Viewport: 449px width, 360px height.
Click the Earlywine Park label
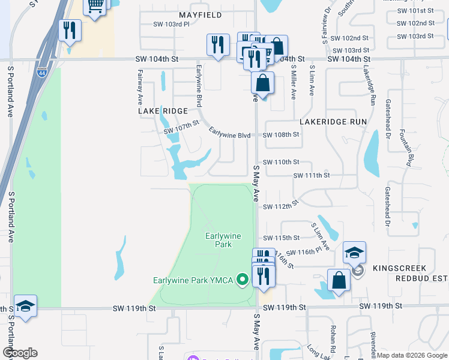pos(223,240)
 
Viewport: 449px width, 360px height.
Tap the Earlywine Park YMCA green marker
pos(243,280)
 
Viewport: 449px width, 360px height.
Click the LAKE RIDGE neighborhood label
pos(163,111)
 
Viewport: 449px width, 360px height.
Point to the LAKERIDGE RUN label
pos(333,121)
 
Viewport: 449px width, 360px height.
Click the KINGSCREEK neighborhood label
pos(399,268)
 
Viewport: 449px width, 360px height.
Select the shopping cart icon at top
pos(95,7)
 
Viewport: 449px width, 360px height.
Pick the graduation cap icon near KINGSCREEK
pos(354,253)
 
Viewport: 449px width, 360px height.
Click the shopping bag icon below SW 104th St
pos(262,82)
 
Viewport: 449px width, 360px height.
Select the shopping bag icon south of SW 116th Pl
pos(339,280)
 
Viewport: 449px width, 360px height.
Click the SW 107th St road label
pos(181,127)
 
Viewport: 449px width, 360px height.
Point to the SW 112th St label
pos(281,206)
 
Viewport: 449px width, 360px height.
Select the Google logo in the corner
pos(20,352)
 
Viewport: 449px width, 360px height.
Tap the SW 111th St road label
pos(312,175)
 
